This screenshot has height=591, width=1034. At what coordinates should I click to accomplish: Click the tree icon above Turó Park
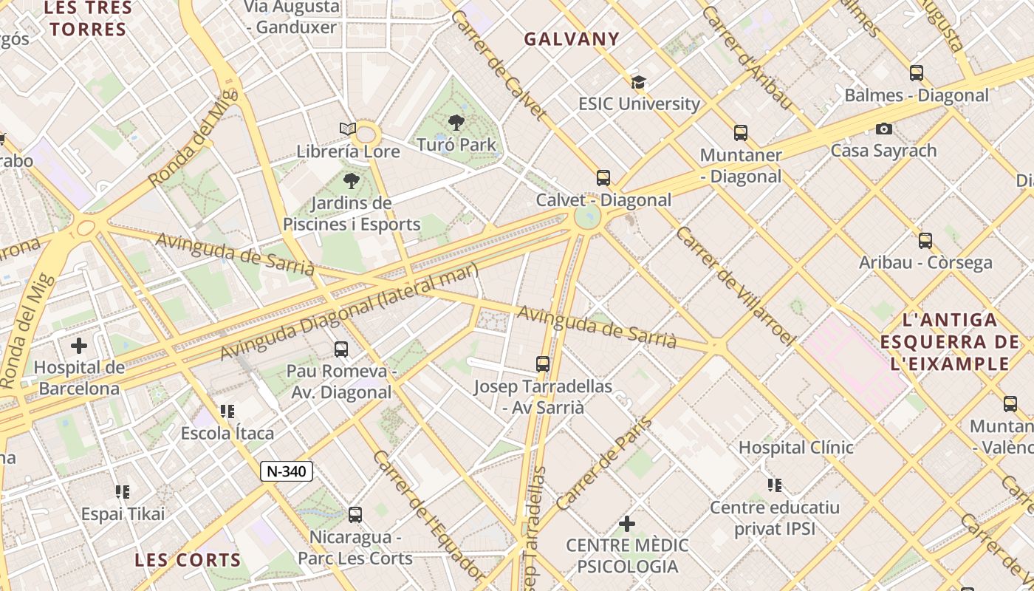point(456,122)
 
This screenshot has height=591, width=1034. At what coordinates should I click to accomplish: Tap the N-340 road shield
point(287,471)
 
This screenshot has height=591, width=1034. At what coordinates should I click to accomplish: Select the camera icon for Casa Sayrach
point(883,129)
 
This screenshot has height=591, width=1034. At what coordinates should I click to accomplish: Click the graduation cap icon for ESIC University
point(638,82)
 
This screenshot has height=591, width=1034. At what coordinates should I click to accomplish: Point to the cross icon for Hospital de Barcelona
point(79,345)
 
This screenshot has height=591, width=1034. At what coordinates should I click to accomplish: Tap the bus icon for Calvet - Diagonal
point(603,177)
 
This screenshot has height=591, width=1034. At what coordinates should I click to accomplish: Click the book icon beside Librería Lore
point(348,129)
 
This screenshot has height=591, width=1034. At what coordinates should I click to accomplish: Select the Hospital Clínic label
point(796,447)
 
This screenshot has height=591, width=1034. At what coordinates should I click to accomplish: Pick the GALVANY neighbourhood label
point(572,39)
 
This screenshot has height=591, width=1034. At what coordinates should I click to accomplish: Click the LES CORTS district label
point(188,560)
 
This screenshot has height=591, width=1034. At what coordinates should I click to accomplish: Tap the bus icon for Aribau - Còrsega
point(925,240)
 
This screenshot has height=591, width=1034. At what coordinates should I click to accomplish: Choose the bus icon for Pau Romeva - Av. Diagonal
point(340,349)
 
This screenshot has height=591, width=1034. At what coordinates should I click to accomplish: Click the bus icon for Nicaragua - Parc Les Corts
point(355,514)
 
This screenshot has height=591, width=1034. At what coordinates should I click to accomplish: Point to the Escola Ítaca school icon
point(227,411)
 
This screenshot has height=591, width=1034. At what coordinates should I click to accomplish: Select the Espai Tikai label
point(123,513)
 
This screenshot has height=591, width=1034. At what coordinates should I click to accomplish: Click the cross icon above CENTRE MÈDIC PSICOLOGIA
point(627,524)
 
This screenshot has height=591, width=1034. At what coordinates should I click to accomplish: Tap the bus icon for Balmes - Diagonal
point(917,73)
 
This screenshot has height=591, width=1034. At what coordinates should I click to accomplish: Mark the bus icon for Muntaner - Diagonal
point(741,133)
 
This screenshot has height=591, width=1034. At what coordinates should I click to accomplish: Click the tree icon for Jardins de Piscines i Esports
point(352,180)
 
